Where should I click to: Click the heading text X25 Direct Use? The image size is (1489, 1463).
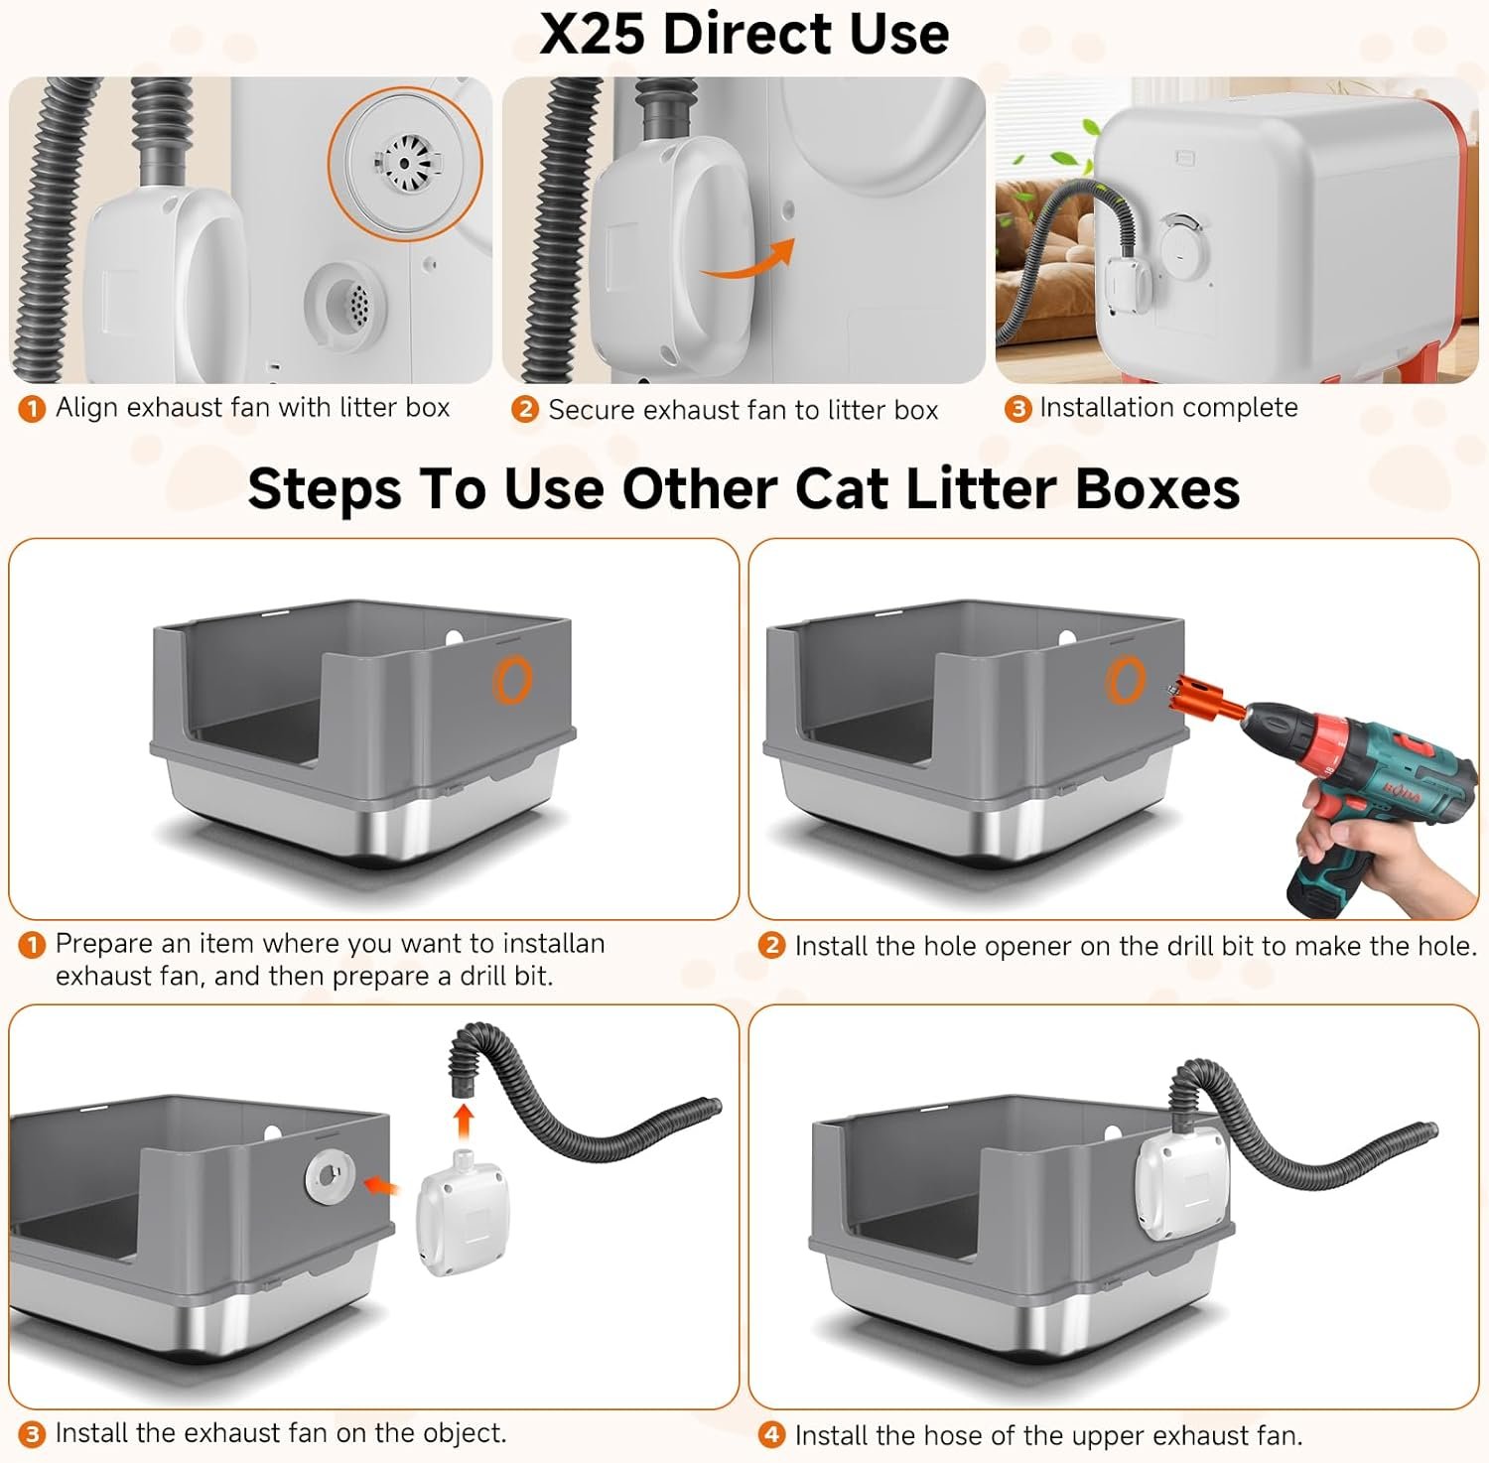coord(744,34)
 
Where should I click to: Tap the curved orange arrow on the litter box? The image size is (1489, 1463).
coord(748,263)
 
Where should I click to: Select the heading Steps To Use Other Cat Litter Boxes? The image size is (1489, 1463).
coord(744,488)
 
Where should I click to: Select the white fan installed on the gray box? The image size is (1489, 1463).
coord(1181,1187)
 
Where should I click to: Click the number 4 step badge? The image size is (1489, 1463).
coord(771,1434)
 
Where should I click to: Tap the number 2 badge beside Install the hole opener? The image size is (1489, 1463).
coord(771,945)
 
